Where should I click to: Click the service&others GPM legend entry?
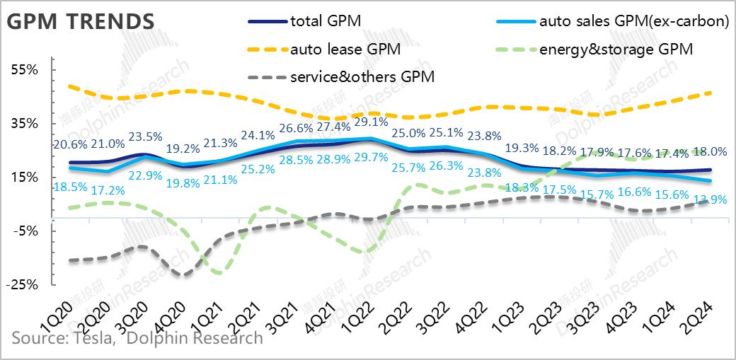pyautogui.click(x=362, y=76)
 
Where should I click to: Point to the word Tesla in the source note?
pyautogui.click(x=92, y=338)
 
